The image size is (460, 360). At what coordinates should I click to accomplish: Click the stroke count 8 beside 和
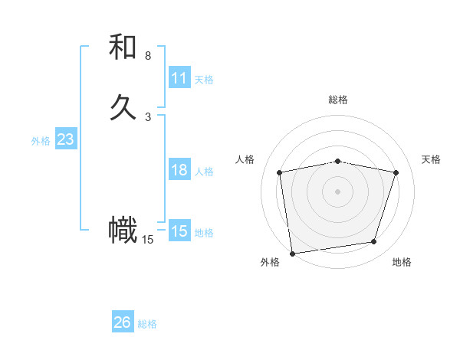pyautogui.click(x=148, y=56)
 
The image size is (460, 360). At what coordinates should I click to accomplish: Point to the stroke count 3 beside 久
pyautogui.click(x=148, y=116)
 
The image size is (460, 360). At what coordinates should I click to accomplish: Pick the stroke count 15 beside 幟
pyautogui.click(x=148, y=240)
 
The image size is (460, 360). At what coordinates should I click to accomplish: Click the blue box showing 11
pyautogui.click(x=179, y=78)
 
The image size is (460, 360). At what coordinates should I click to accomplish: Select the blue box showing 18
pyautogui.click(x=179, y=170)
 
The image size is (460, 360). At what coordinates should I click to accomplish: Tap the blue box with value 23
pyautogui.click(x=65, y=139)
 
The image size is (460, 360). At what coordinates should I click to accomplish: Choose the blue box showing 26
pyautogui.click(x=123, y=322)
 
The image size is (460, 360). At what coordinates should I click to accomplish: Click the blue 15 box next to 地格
pyautogui.click(x=179, y=231)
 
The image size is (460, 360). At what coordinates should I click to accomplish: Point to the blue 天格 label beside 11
pyautogui.click(x=204, y=80)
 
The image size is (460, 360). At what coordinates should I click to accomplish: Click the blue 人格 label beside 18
pyautogui.click(x=204, y=172)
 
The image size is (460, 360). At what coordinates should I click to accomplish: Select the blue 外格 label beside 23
pyautogui.click(x=41, y=141)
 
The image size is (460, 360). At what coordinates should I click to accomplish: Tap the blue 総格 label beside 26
pyautogui.click(x=147, y=324)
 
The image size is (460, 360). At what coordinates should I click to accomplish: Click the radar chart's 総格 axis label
pyautogui.click(x=338, y=100)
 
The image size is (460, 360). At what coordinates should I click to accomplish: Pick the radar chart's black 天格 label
pyautogui.click(x=431, y=159)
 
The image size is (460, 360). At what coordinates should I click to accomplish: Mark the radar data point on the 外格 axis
pyautogui.click(x=292, y=252)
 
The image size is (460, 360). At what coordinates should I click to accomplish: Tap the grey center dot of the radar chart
pyautogui.click(x=338, y=191)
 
